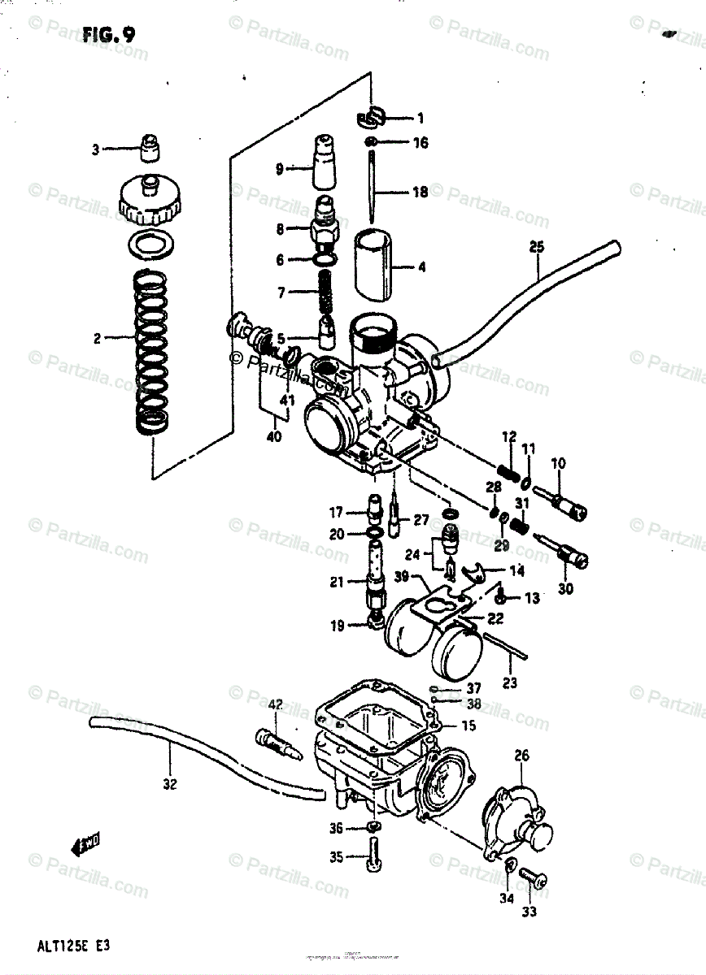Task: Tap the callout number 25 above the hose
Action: pos(536,246)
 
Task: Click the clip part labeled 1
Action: pos(369,119)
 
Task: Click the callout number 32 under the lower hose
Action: pos(170,784)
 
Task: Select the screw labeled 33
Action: pos(533,878)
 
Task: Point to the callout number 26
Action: pos(521,756)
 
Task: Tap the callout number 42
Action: pos(275,704)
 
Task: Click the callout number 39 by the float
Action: pos(401,576)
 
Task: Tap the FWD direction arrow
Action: pos(86,846)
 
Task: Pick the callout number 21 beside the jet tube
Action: pos(336,582)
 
